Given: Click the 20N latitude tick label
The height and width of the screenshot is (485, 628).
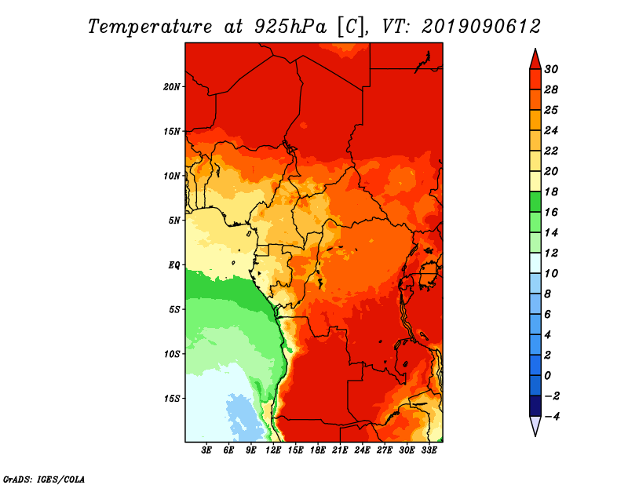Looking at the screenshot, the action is (172, 86).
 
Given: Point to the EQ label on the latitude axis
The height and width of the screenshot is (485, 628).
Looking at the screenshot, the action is (173, 265).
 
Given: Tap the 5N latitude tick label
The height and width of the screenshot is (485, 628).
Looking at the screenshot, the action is (174, 221).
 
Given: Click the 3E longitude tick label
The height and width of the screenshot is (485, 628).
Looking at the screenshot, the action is (206, 450).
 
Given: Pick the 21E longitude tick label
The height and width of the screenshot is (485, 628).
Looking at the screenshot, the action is (340, 450).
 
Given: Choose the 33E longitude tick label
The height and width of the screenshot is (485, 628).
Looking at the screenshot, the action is (429, 450).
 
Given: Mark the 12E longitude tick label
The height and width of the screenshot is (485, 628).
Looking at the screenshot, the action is (273, 450).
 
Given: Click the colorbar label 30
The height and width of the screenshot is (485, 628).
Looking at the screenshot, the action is (551, 69).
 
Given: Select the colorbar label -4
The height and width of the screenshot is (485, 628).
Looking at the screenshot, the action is (551, 417).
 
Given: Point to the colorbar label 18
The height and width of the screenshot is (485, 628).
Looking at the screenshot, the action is (551, 191).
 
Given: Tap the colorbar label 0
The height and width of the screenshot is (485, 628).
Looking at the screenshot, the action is (547, 376).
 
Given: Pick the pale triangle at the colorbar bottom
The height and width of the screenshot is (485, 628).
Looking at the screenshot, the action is (535, 425).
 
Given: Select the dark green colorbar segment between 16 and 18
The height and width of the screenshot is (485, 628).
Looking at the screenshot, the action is (535, 202).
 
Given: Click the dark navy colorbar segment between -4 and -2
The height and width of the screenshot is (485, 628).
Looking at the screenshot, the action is (535, 406).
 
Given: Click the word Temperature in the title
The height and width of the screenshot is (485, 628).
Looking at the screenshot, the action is (150, 27).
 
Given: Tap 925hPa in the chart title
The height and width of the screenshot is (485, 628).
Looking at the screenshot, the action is (290, 27).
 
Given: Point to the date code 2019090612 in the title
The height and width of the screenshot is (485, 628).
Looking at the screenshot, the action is (481, 27).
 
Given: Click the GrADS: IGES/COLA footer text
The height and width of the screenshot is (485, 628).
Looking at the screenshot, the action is (44, 480).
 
